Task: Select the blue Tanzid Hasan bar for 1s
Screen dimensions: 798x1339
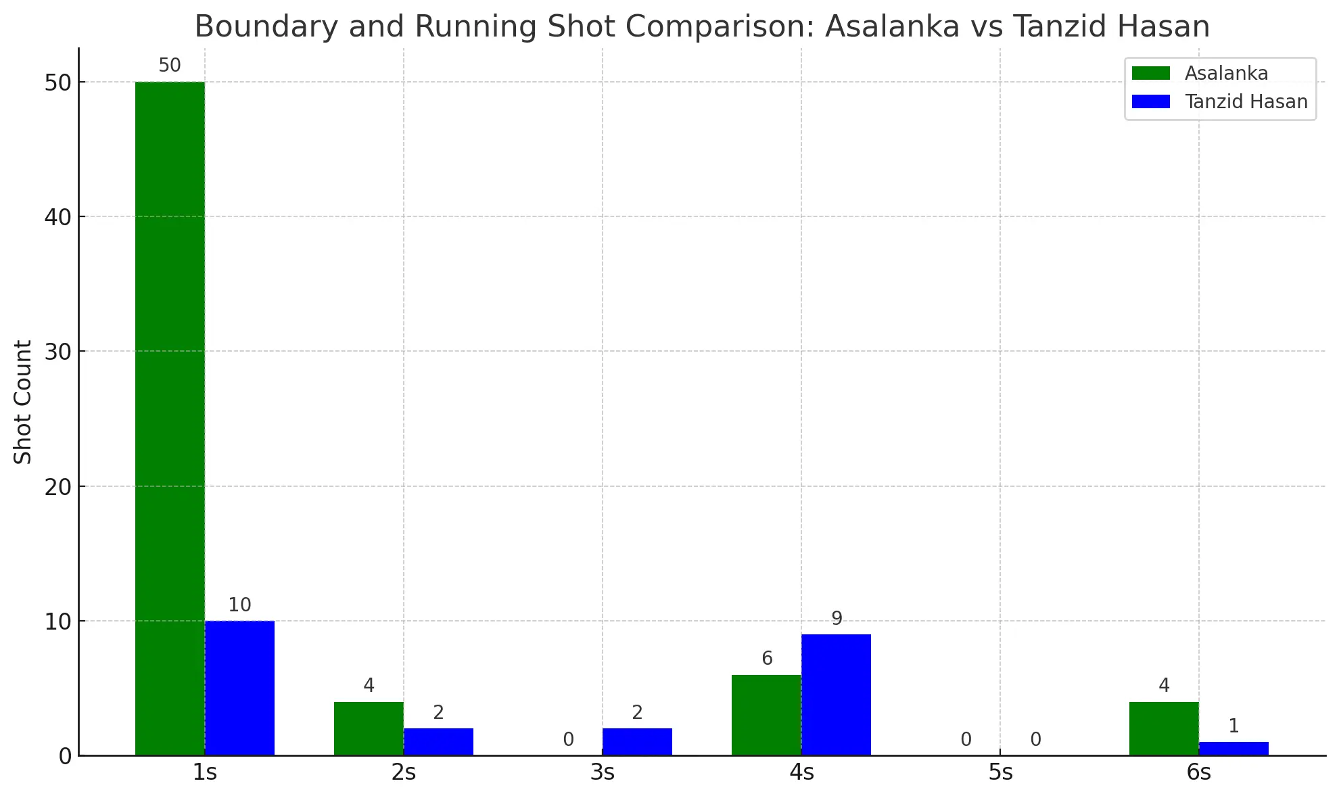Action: point(239,688)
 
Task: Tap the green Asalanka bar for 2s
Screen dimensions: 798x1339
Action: point(369,728)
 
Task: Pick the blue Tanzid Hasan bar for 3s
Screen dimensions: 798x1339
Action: point(637,742)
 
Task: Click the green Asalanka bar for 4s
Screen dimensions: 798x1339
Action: point(766,715)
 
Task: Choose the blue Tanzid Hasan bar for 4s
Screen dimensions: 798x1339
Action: point(836,695)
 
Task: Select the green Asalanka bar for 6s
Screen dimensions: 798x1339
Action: point(1164,728)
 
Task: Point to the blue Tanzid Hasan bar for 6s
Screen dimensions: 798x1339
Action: point(1234,749)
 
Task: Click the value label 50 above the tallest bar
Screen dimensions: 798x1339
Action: point(170,66)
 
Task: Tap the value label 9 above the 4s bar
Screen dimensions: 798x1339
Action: point(837,619)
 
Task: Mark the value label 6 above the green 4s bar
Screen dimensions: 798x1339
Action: point(767,659)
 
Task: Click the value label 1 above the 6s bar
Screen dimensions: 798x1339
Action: point(1234,726)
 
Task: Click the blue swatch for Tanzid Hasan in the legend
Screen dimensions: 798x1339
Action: point(1150,101)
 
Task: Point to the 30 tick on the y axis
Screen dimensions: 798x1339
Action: point(58,352)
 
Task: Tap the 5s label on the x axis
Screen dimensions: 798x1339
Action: point(1000,772)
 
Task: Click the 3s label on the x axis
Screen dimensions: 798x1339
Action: point(603,772)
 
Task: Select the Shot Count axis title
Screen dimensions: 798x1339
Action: point(23,402)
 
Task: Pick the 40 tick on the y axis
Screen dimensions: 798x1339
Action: point(58,217)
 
